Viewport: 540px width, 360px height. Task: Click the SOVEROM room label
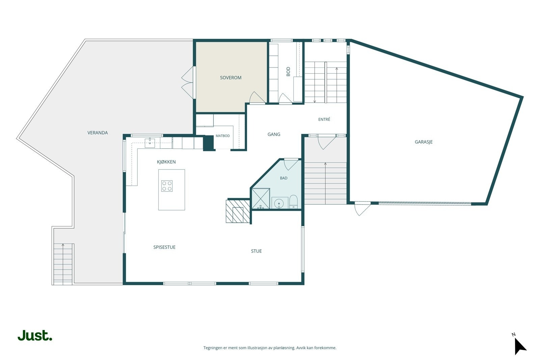(231, 78)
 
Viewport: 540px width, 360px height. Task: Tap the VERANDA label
(98, 133)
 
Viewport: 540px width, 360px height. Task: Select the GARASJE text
(424, 142)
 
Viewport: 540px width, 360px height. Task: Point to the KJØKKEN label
(166, 162)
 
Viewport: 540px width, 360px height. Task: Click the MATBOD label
(222, 136)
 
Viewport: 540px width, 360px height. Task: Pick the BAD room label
(283, 178)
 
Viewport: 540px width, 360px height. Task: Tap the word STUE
(256, 251)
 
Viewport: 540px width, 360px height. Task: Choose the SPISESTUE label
(164, 247)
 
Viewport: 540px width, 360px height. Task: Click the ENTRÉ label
(324, 119)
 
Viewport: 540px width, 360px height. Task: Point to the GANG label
(274, 134)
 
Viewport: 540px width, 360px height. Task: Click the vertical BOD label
(288, 72)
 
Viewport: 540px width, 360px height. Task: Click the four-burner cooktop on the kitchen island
(167, 186)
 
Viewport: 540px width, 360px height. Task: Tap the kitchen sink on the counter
(150, 143)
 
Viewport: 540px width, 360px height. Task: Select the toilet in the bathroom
(293, 202)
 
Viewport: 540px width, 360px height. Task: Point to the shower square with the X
(261, 198)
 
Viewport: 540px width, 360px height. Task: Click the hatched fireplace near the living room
(238, 211)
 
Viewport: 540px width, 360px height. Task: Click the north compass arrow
(520, 345)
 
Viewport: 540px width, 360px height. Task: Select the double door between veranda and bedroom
(188, 82)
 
